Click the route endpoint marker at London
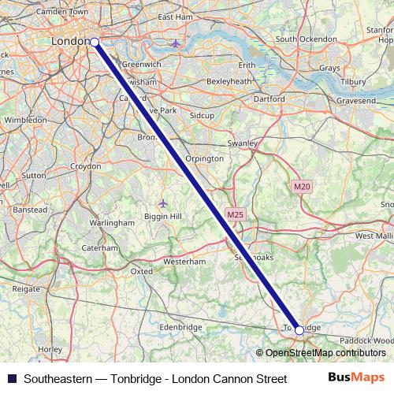pos(95,41)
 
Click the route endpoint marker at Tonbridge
pos(299,331)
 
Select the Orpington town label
pos(204,158)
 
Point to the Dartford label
pos(269,99)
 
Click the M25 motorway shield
pos(234,214)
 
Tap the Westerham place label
pos(184,261)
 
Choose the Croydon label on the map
pos(85,167)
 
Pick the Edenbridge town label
pos(180,327)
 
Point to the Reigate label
pos(27,289)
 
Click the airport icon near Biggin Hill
pos(163,203)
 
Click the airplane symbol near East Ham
pos(175,43)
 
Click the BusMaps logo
pos(355,378)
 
